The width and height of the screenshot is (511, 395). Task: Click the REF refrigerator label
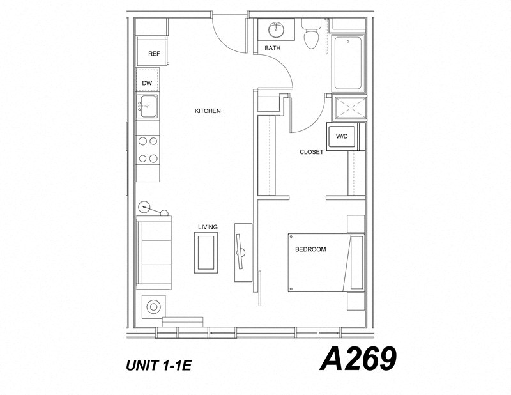click(x=153, y=54)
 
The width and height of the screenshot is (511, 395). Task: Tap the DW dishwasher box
click(x=147, y=83)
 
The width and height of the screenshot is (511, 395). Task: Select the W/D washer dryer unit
click(x=342, y=136)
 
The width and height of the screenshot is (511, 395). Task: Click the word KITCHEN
click(x=208, y=111)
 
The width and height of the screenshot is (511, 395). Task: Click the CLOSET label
click(x=312, y=152)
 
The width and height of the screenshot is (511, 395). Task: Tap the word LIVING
click(x=208, y=227)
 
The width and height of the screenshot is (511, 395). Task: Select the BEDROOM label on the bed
click(x=310, y=249)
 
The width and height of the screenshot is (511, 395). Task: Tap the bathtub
click(x=347, y=63)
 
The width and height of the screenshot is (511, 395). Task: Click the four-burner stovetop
click(x=148, y=150)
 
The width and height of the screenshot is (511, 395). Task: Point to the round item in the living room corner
click(x=154, y=307)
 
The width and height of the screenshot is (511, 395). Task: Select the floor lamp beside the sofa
click(x=146, y=206)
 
